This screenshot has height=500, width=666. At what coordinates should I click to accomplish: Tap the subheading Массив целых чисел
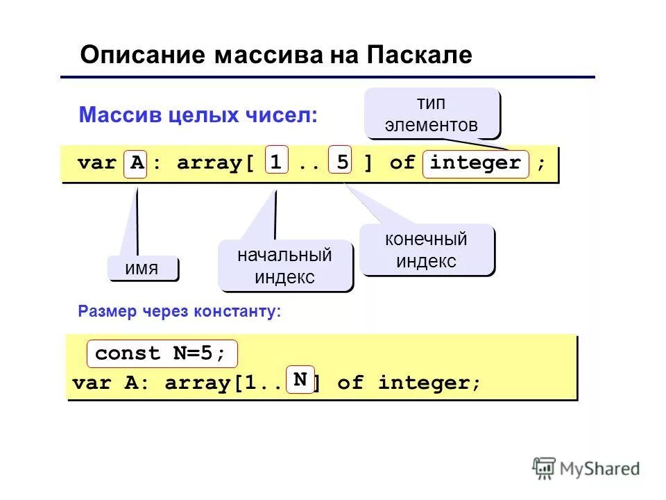point(198,115)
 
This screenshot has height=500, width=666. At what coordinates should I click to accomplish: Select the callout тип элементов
point(432,114)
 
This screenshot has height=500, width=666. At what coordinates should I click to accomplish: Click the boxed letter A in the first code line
point(136,164)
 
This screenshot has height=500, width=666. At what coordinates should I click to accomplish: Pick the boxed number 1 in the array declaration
point(277,162)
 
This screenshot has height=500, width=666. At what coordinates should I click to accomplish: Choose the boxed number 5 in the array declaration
point(341,162)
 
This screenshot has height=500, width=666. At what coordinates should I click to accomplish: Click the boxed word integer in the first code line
point(475,164)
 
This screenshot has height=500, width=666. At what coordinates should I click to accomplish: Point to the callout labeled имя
point(142,269)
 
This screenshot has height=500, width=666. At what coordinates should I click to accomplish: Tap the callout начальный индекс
point(284,266)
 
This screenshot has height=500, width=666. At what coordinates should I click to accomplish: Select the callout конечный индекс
point(426,250)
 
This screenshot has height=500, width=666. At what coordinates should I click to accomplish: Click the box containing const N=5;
point(161,353)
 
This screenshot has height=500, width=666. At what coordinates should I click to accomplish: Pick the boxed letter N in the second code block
point(300,380)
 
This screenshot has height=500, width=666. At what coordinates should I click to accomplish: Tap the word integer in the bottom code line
point(429,383)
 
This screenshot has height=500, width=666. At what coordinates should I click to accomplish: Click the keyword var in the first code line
point(97,164)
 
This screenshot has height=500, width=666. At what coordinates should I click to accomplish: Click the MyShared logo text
point(600,469)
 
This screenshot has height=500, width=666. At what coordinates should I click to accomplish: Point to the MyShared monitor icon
point(544,467)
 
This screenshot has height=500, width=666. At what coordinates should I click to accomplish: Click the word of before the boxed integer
point(402,164)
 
